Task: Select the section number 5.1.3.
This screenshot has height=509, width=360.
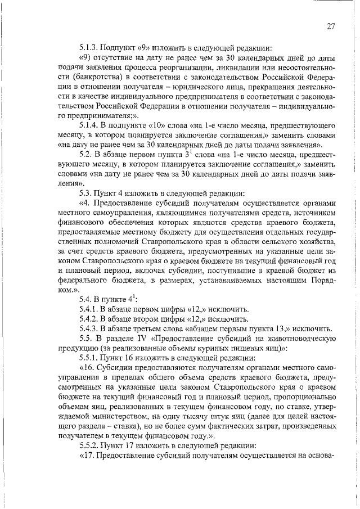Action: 90,47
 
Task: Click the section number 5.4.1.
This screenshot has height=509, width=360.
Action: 90,309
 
